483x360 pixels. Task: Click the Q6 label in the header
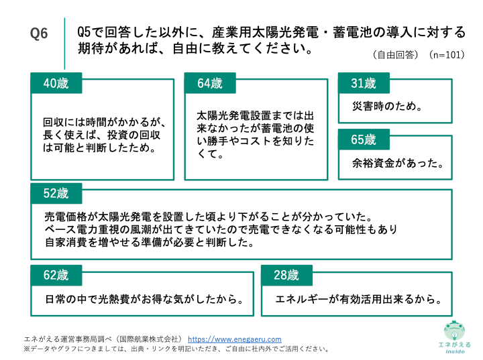click(x=40, y=34)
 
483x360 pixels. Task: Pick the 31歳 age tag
click(x=364, y=84)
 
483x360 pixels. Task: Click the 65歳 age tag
click(x=364, y=140)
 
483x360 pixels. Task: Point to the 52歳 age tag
click(x=56, y=194)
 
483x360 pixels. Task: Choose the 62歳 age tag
click(x=56, y=275)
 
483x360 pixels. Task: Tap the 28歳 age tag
click(x=286, y=275)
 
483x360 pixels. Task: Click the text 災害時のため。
click(x=387, y=106)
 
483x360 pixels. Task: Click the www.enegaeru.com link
click(x=234, y=339)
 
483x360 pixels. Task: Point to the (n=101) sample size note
click(x=447, y=55)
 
